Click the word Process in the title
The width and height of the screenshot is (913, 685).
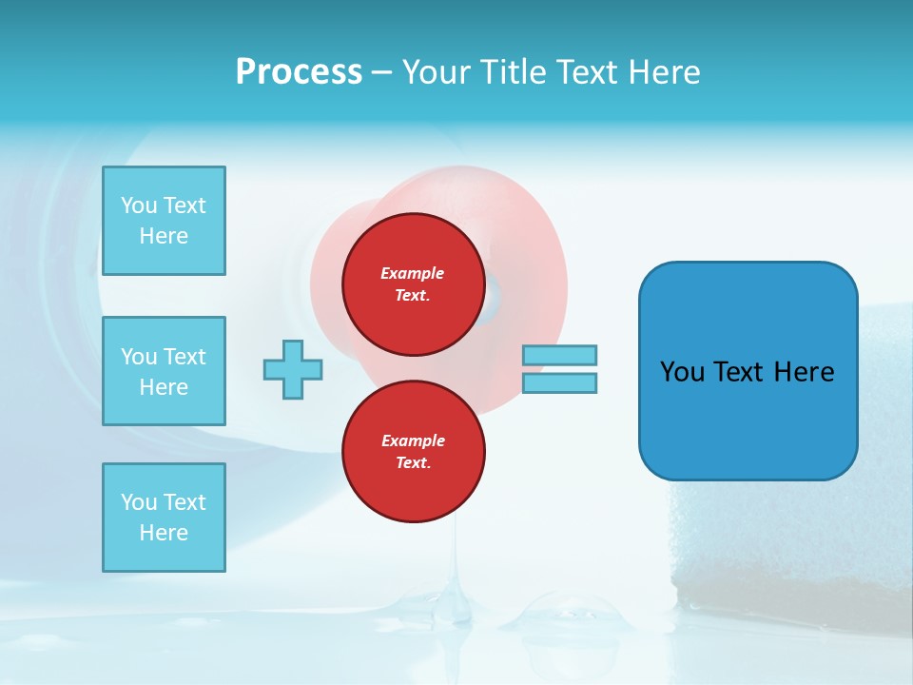pyautogui.click(x=299, y=72)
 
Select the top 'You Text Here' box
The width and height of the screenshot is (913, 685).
pyautogui.click(x=164, y=221)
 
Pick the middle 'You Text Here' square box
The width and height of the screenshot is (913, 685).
pyautogui.click(x=164, y=371)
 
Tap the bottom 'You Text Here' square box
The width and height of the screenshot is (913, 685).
pyautogui.click(x=164, y=518)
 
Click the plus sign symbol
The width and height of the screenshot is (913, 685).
pyautogui.click(x=293, y=369)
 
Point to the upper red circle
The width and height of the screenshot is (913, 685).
pyautogui.click(x=413, y=284)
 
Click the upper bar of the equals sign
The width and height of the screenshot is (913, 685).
pyautogui.click(x=559, y=355)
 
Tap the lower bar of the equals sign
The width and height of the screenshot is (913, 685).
pyautogui.click(x=559, y=382)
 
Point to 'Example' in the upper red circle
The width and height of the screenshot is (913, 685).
pyautogui.click(x=413, y=273)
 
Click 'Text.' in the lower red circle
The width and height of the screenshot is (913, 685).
pyautogui.click(x=413, y=463)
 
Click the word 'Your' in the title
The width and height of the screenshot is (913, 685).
pyautogui.click(x=437, y=72)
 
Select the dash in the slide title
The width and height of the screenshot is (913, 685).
pyautogui.click(x=382, y=72)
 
